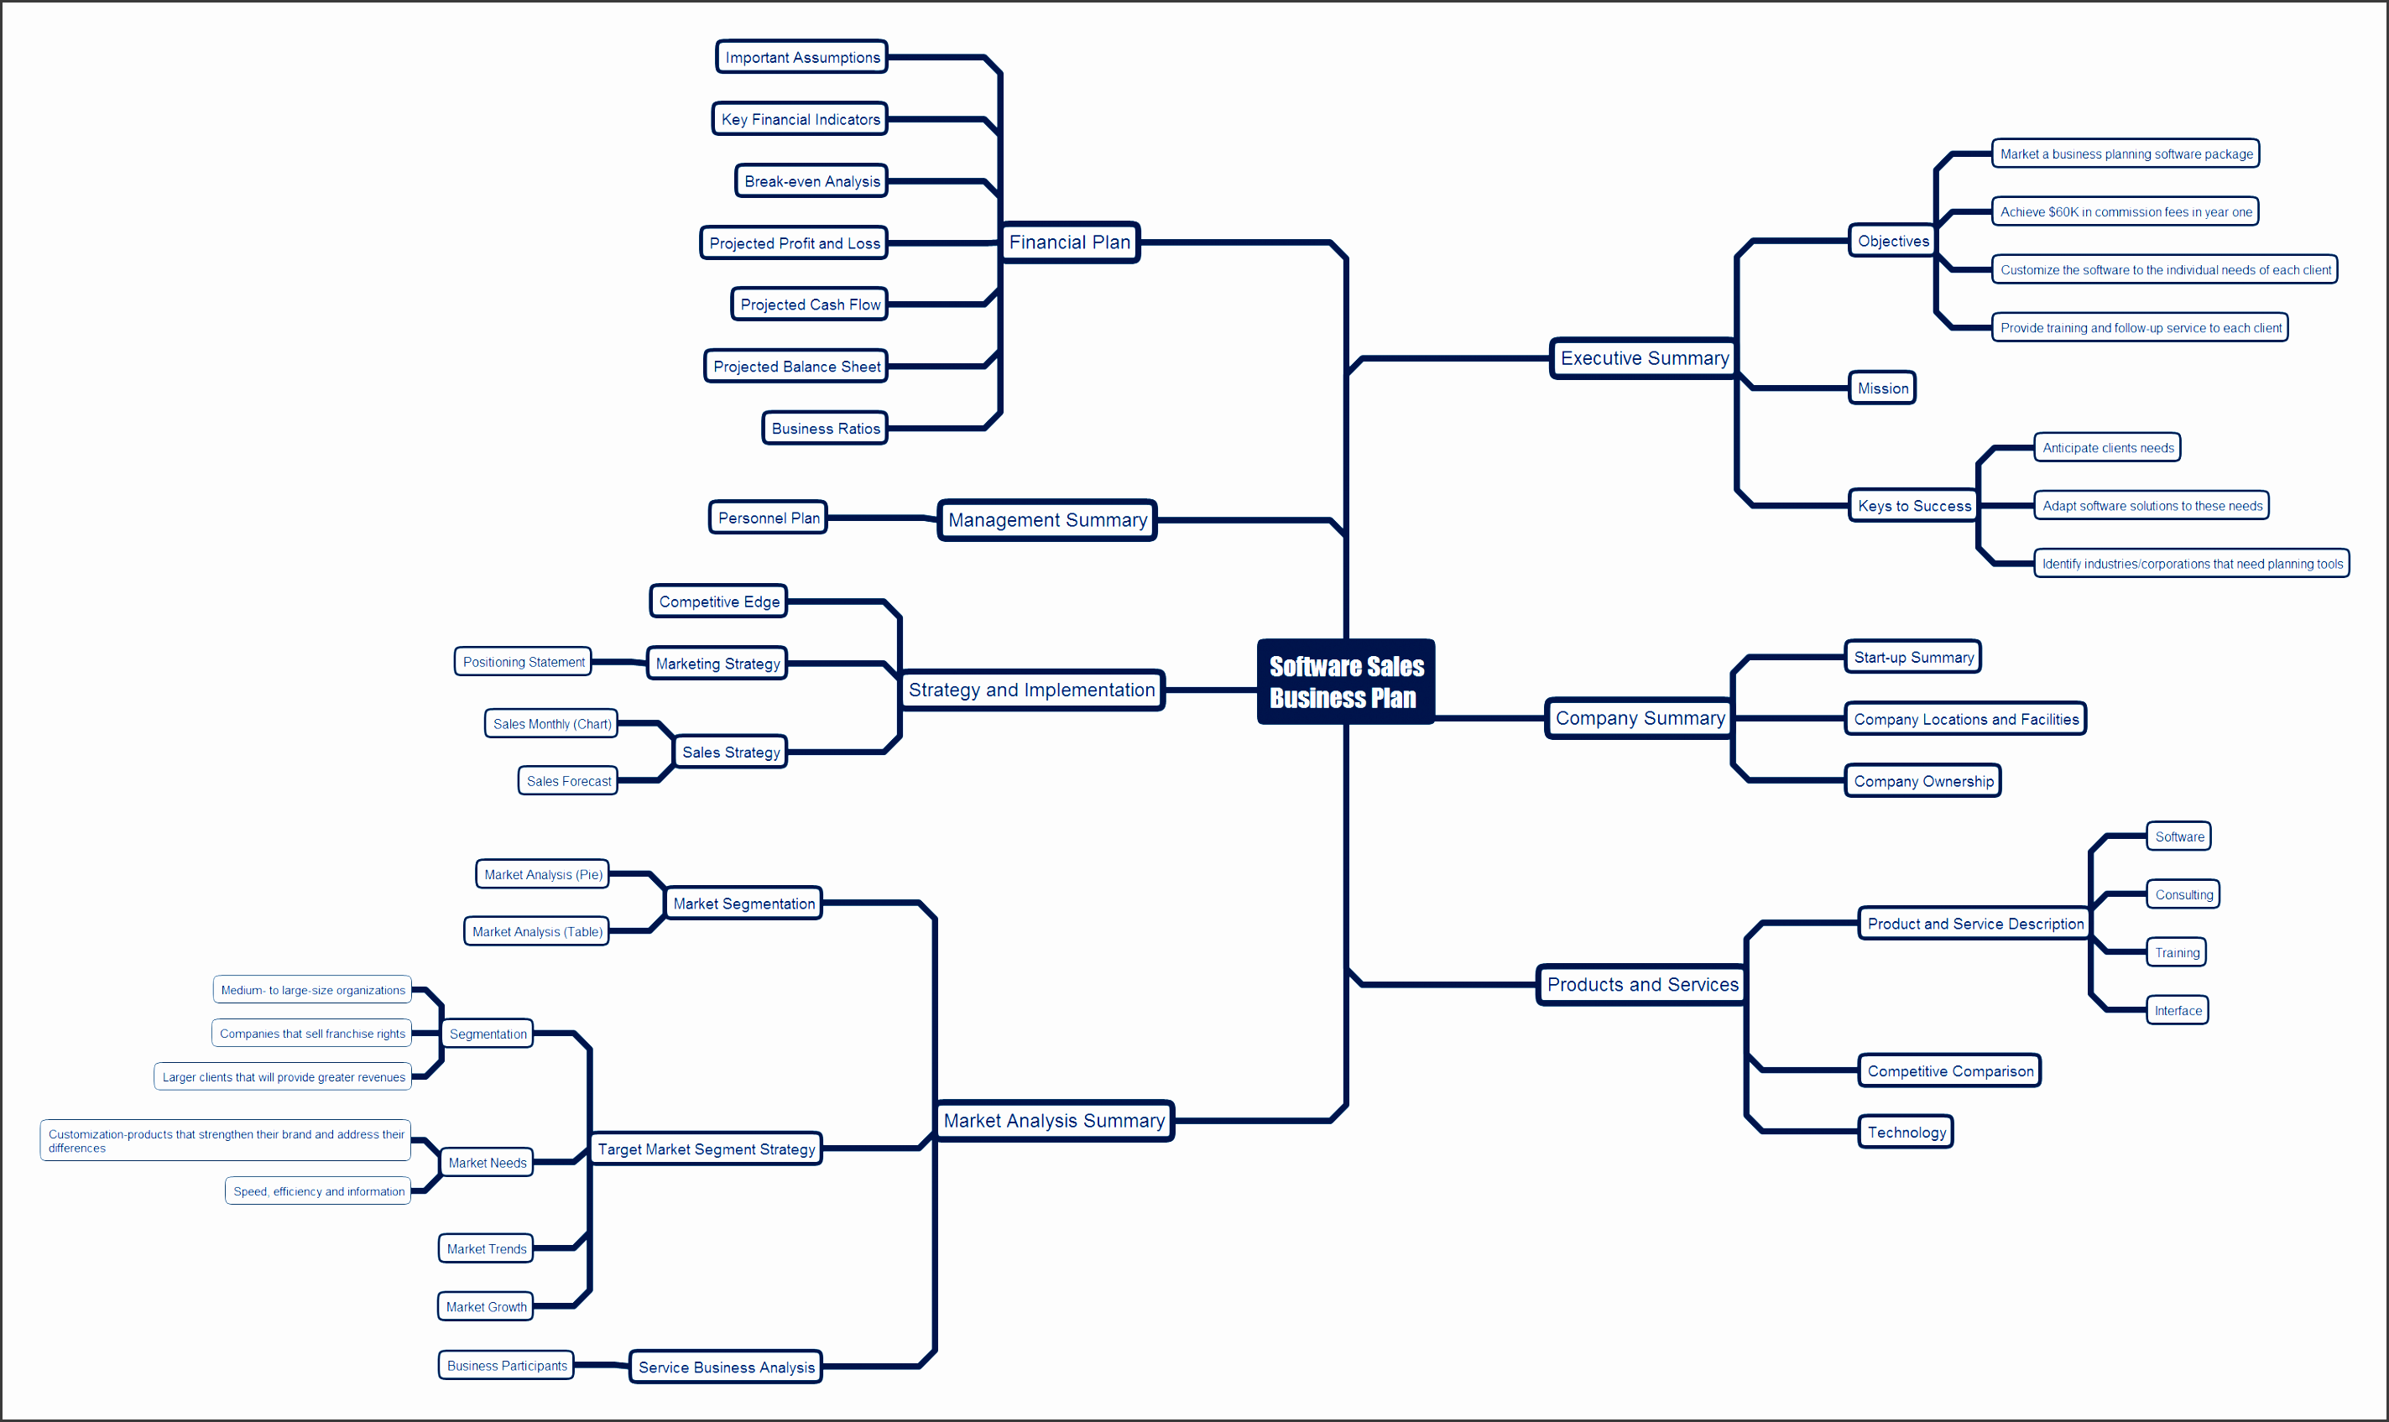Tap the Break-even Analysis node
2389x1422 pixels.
(811, 181)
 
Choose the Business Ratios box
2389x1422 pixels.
(825, 429)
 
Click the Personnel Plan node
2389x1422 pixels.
(769, 518)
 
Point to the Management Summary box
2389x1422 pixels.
(1047, 520)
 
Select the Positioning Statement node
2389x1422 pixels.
(524, 662)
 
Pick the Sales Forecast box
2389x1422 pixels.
(568, 781)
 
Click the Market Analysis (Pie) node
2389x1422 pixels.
(542, 874)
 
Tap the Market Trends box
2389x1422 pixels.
(486, 1248)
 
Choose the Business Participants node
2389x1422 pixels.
(506, 1366)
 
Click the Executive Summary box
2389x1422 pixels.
(1645, 358)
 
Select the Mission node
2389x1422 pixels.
(1882, 388)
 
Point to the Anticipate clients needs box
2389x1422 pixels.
(2107, 447)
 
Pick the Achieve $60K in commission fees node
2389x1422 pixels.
(2126, 211)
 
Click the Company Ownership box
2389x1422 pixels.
(1923, 781)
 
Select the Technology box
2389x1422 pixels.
(1906, 1132)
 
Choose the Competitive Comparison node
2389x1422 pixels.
(1950, 1070)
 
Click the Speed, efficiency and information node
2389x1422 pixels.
(318, 1191)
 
